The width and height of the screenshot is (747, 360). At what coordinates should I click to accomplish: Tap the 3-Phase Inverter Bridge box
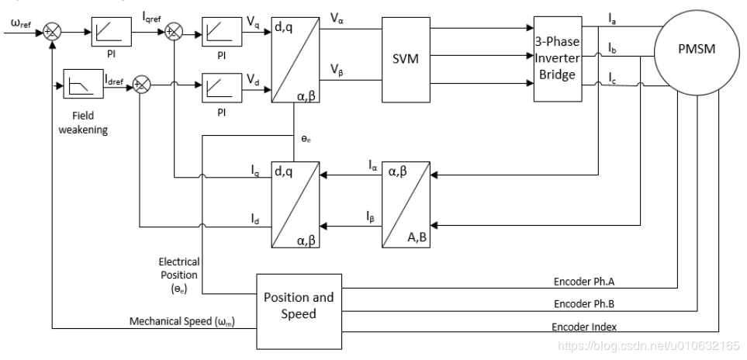tap(557, 59)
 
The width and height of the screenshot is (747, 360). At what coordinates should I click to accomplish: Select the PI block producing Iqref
tap(112, 33)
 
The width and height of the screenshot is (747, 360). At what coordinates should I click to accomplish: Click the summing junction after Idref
tap(142, 85)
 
